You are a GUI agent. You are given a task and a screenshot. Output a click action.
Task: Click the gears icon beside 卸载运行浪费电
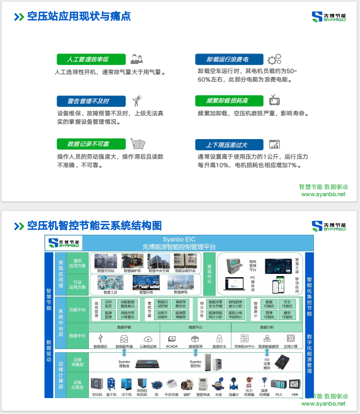(274, 59)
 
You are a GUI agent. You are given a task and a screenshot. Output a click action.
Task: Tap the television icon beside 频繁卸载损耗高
(274, 100)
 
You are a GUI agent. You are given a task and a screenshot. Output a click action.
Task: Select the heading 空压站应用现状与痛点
(79, 16)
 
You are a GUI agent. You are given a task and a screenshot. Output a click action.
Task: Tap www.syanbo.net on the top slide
(323, 195)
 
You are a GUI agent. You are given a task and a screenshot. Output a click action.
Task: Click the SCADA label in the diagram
(172, 347)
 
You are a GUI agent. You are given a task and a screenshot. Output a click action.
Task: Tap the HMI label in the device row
(295, 394)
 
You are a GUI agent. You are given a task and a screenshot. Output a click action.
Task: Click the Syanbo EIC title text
(179, 240)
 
